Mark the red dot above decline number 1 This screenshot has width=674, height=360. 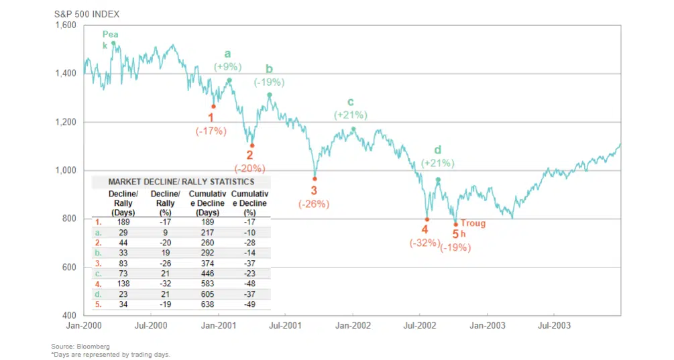214,106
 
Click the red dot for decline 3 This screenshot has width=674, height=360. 315,178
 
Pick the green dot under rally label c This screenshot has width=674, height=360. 353,129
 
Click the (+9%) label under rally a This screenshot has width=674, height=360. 228,67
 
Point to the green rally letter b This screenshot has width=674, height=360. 269,68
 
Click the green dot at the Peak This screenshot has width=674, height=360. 113,44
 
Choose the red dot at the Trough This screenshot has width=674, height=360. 456,225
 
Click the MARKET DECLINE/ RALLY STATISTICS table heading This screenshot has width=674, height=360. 181,182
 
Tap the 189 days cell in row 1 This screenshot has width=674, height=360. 123,222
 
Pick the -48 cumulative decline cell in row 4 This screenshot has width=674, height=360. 249,284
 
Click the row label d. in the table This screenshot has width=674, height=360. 99,294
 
